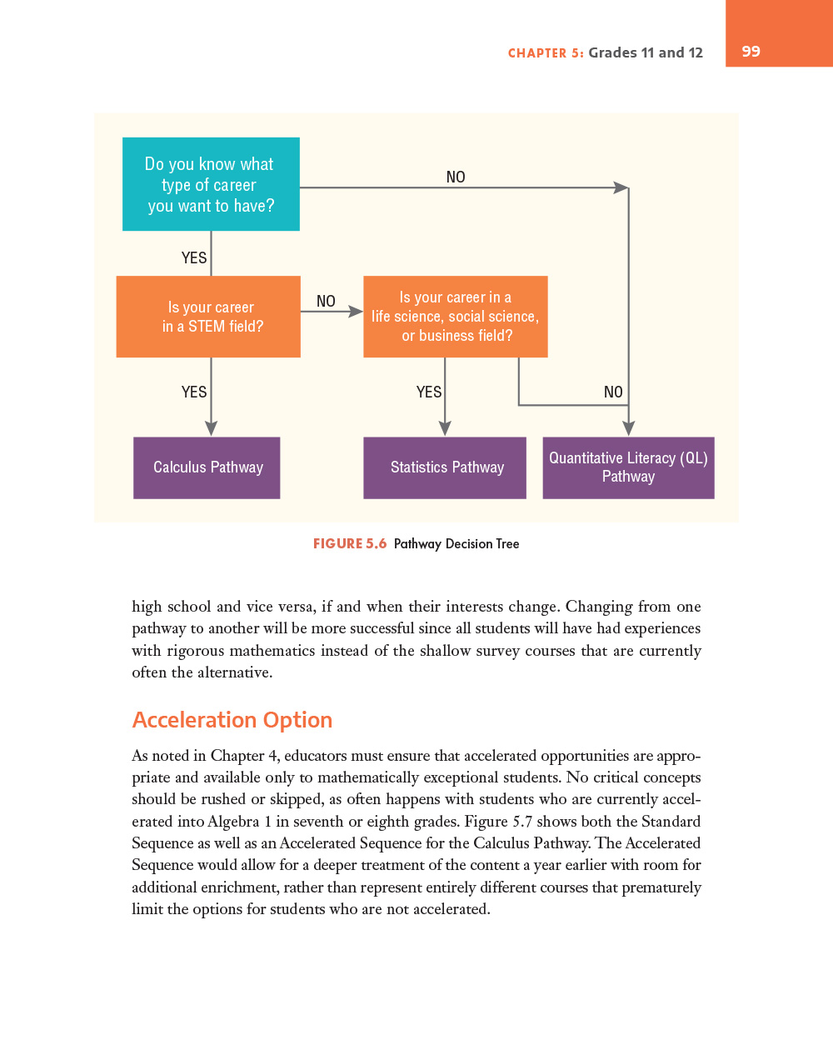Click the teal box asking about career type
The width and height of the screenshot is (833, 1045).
[211, 184]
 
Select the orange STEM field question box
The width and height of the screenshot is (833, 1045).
[208, 317]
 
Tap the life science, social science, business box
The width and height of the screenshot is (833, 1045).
[456, 317]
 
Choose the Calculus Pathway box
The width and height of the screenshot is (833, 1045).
[207, 467]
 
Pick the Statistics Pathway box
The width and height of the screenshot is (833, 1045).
[445, 467]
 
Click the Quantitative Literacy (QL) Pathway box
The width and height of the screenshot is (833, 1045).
[628, 467]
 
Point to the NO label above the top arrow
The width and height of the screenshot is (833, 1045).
[456, 177]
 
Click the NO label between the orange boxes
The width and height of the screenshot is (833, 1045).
[326, 301]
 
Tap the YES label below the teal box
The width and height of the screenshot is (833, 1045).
[194, 257]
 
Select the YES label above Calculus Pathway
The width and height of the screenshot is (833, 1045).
[194, 392]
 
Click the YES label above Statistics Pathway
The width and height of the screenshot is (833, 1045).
[429, 392]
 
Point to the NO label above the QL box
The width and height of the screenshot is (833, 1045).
[613, 392]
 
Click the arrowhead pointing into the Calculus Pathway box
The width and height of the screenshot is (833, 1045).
[212, 427]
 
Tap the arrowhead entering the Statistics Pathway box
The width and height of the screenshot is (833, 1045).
[445, 427]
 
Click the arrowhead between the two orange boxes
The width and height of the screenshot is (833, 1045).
[356, 312]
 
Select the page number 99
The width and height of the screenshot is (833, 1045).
[751, 52]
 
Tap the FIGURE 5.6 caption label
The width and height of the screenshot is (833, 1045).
[350, 543]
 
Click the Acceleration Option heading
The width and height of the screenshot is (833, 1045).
[232, 720]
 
